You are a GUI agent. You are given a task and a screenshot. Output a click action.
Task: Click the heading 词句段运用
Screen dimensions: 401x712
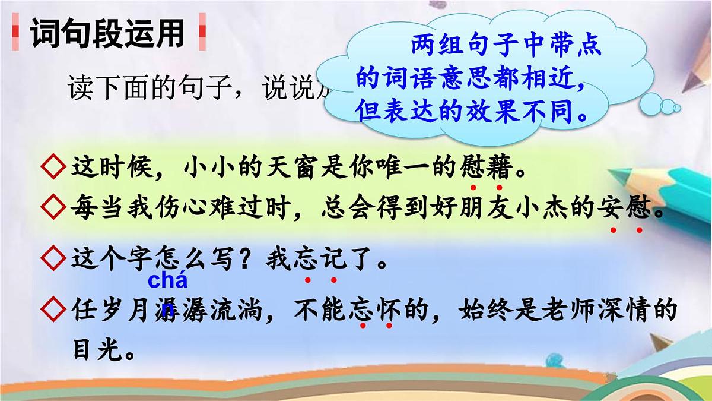(107, 34)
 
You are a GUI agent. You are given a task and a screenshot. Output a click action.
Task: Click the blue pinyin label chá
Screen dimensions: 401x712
(167, 280)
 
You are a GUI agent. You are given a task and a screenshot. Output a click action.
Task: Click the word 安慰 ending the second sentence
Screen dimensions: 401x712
(627, 208)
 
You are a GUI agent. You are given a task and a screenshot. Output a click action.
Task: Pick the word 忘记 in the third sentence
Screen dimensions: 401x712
(321, 259)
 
